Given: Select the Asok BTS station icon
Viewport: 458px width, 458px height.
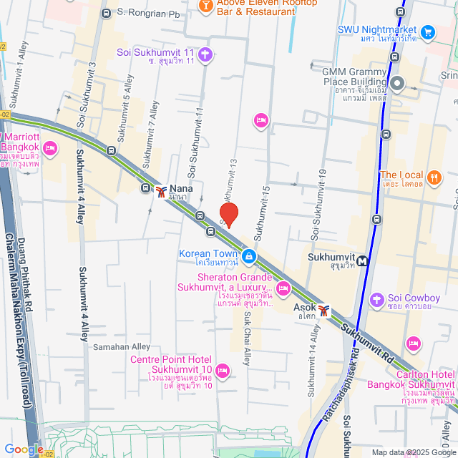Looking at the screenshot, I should pos(324,310).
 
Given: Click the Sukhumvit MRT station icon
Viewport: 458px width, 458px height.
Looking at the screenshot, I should pos(364,261).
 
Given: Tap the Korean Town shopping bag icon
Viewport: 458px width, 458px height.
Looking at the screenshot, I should pos(248,255).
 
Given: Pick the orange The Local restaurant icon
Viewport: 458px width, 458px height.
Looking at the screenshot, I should pos(433,177).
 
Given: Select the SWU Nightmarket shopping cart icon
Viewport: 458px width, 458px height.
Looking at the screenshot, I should pos(428,32).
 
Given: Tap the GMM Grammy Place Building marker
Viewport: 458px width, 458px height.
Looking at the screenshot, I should pos(399,84).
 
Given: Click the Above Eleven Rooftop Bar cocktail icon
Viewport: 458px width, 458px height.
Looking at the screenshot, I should pos(205,6).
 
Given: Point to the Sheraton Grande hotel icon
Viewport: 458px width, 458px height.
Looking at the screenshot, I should pos(283,289).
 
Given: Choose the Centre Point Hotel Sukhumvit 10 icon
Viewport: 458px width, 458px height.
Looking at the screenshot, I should pos(222,370).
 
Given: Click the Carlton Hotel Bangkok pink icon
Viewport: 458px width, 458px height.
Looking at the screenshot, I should pos(413,344).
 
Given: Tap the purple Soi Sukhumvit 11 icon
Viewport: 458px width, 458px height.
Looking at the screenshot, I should pos(205,54).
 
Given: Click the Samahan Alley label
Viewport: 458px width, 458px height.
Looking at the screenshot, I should pos(122,346).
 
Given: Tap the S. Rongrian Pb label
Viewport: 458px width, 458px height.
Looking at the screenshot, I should pos(148,13).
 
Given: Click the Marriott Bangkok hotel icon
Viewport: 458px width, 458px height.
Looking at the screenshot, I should pos(49,148).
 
